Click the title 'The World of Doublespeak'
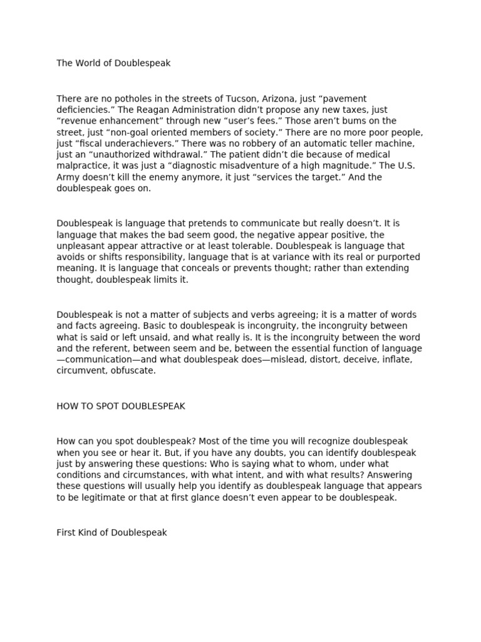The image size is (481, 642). [x=113, y=63]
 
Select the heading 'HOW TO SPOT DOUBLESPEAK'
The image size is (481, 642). [x=121, y=406]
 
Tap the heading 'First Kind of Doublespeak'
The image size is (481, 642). [x=111, y=533]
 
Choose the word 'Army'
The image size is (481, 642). [x=68, y=177]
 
